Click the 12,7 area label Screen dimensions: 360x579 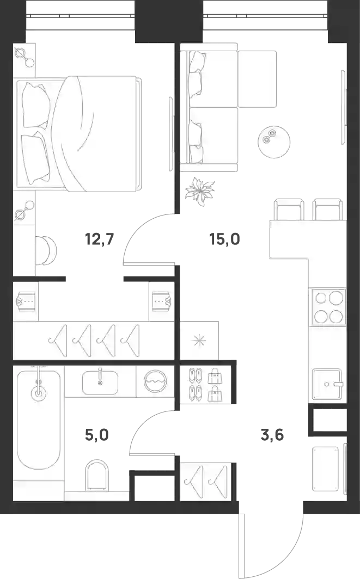99,239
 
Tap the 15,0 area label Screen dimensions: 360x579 225,239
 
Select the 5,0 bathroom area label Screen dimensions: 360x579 97,435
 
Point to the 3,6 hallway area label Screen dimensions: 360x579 272,435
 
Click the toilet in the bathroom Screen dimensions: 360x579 97,476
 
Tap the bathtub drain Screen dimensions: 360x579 39,392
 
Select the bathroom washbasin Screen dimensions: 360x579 100,383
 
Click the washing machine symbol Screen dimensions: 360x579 156,381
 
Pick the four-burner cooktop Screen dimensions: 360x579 328,307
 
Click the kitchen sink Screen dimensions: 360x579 327,384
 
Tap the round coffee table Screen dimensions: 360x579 274,141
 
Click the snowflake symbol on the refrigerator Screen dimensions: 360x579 199,340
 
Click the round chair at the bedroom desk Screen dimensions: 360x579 47,250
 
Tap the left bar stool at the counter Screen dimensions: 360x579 289,210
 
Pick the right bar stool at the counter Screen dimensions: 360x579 327,210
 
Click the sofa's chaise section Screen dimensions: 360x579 257,79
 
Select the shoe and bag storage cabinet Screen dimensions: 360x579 206,384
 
